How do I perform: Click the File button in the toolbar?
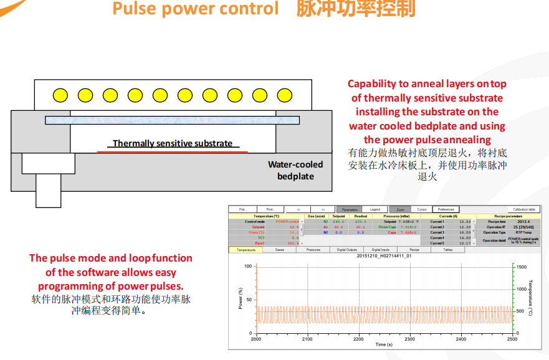[x=243, y=209]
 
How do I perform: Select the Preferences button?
[x=446, y=209]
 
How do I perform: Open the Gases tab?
[x=280, y=249]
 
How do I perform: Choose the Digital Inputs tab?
[x=380, y=249]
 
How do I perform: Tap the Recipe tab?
[x=414, y=249]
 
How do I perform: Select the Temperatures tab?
[x=246, y=249]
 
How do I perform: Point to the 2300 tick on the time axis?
[x=409, y=339]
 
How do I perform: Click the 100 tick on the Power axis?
[x=248, y=267]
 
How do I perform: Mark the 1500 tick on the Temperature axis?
[x=520, y=267]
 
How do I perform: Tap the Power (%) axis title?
[x=241, y=299]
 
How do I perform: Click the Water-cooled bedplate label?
[x=295, y=170]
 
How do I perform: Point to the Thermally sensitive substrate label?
[x=173, y=143]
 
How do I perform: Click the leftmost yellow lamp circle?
[x=60, y=95]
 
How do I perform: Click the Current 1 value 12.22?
[x=465, y=221]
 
